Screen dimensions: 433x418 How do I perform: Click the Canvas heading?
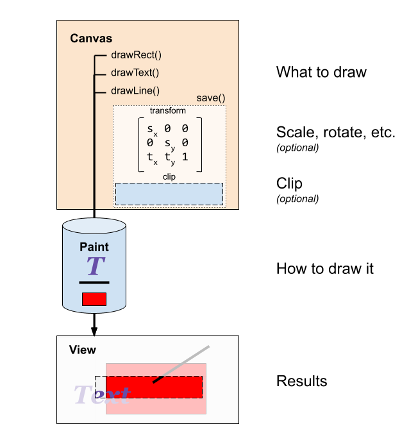(91, 38)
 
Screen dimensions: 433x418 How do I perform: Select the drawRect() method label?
(136, 55)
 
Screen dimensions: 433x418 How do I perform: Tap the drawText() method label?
(135, 72)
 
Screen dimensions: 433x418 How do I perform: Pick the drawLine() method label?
(135, 90)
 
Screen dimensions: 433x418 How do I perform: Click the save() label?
(211, 98)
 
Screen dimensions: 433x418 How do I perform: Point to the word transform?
(168, 110)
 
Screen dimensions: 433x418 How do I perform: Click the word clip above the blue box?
(169, 176)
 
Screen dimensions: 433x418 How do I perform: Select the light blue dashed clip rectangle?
(169, 194)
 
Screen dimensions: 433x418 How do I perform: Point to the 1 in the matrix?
(185, 156)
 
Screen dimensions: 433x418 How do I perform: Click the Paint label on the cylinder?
(94, 247)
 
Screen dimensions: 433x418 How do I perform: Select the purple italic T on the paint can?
(95, 266)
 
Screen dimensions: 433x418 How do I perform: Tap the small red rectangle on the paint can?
(94, 299)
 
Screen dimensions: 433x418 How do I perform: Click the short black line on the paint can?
(94, 282)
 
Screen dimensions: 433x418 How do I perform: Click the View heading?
(83, 350)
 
